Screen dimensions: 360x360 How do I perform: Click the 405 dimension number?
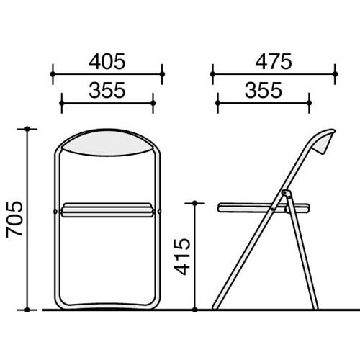[107, 62]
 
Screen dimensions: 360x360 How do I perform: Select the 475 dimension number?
[274, 62]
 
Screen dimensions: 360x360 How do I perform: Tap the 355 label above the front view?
[107, 91]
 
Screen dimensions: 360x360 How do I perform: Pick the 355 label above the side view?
[264, 91]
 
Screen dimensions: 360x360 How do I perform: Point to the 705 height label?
[14, 220]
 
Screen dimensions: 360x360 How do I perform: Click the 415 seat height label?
[182, 256]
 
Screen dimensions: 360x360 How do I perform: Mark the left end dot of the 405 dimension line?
[53, 74]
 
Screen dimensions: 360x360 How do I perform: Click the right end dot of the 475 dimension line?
[335, 74]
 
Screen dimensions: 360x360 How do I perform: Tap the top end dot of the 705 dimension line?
[27, 129]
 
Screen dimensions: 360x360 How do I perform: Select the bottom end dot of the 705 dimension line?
[27, 310]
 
